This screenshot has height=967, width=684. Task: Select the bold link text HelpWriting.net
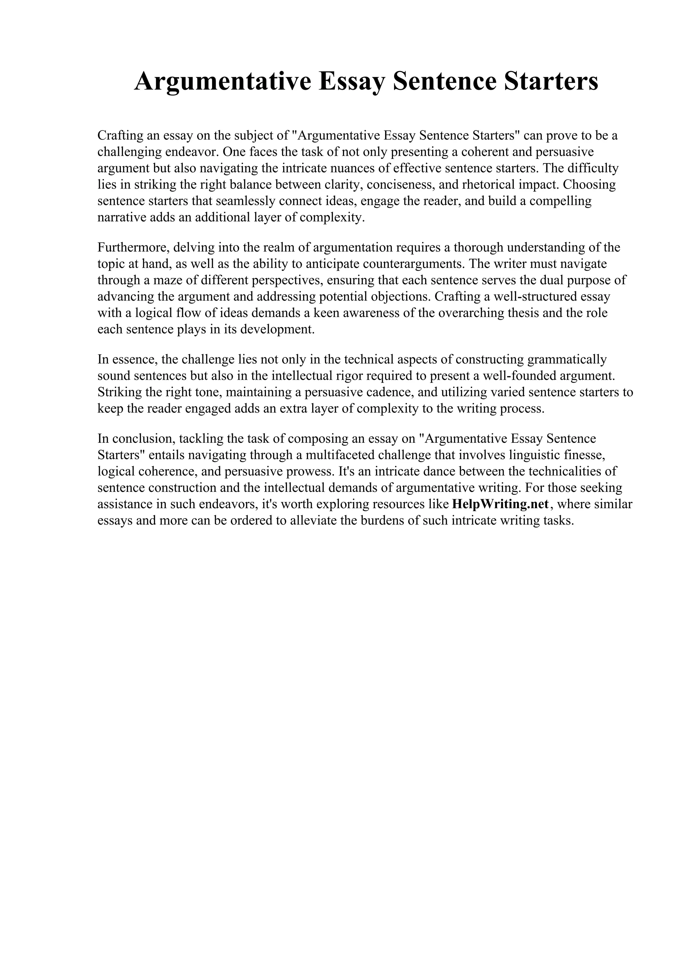[x=500, y=504]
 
